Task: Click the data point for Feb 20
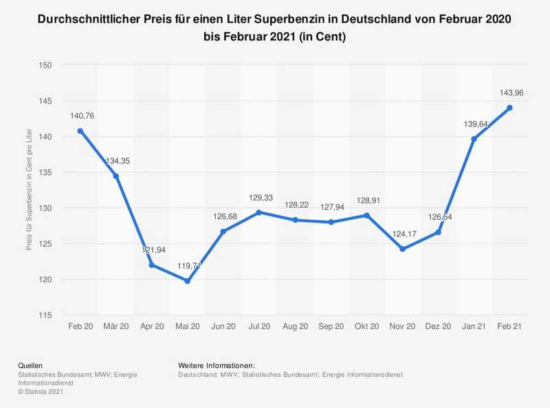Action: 80,131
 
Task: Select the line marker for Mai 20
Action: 188,281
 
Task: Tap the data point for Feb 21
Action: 509,108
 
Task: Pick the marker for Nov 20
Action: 402,249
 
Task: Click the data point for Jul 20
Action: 259,212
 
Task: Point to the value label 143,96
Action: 509,93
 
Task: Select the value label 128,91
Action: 366,199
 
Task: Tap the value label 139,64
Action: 474,124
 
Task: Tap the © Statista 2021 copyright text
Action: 41,392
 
